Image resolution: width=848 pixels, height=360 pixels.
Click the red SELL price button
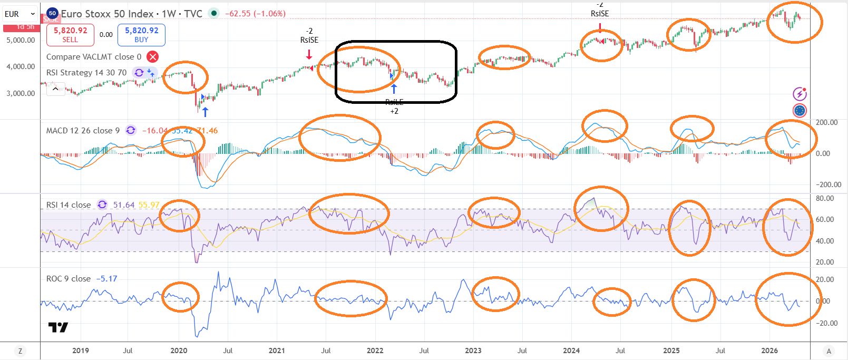70,35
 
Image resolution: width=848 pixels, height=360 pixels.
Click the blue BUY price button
141,35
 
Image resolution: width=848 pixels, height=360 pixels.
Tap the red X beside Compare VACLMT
152,57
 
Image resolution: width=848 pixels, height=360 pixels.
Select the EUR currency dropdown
20,14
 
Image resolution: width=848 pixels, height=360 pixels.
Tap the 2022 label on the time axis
375,351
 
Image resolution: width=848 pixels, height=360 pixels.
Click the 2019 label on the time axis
80,351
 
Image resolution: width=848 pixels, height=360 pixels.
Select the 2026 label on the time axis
769,351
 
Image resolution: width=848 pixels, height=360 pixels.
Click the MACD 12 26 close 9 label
83,131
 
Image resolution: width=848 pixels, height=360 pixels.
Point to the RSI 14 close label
69,205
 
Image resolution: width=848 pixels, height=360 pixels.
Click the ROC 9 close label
69,278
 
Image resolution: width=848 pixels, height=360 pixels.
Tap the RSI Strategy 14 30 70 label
86,73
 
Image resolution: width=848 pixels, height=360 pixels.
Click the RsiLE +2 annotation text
394,106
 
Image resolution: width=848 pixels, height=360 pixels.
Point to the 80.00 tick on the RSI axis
825,199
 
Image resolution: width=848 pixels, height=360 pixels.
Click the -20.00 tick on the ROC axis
826,323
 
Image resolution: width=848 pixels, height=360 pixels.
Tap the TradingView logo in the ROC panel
58,327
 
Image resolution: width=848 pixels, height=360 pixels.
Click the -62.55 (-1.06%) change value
255,14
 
